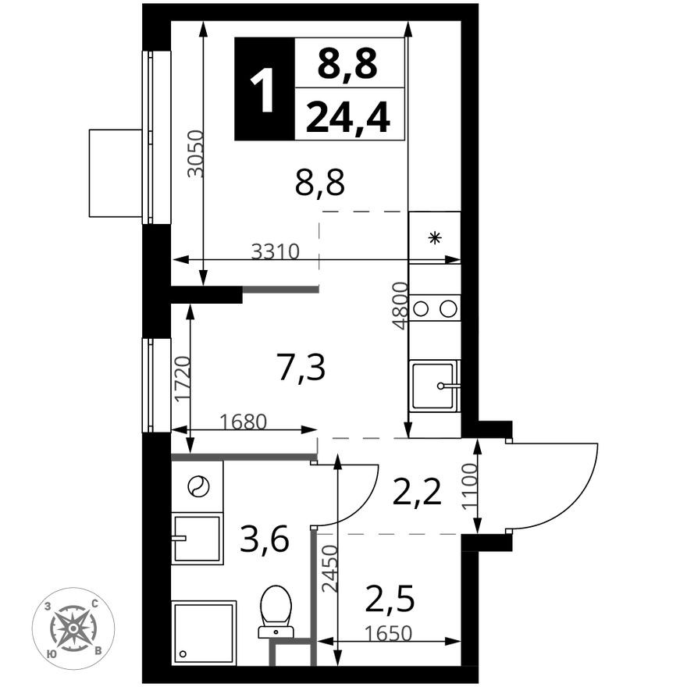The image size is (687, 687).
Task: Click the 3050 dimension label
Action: point(195,153)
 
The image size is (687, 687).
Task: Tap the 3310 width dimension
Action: point(275,251)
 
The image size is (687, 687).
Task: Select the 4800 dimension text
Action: point(400,306)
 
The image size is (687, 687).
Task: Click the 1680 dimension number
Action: point(243,422)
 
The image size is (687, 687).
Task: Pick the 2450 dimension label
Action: point(330,568)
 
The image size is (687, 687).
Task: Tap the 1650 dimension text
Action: point(389,633)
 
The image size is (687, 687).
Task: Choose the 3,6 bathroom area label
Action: point(265,539)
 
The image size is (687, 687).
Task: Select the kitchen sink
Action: point(435,386)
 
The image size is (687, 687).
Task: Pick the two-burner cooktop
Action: point(435,308)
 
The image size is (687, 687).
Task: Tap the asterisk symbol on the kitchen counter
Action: point(435,238)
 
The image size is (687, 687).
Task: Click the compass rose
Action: point(73,628)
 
